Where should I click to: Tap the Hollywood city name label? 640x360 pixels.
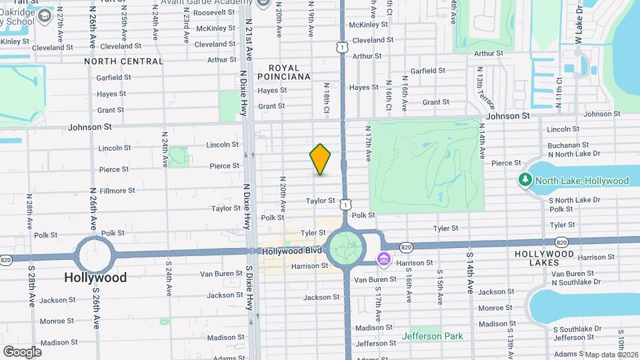[x=95, y=277]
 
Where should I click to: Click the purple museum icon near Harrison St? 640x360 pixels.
[x=384, y=259]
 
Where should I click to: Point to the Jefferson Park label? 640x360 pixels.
[x=433, y=336]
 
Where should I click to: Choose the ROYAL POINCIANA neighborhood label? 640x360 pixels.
[x=289, y=72]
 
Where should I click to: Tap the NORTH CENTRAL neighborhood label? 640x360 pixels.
[x=124, y=61]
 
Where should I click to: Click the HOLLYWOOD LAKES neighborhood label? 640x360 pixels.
[x=544, y=254]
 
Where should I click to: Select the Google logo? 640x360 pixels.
[x=22, y=351]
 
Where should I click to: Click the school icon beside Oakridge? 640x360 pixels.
[x=45, y=15]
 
